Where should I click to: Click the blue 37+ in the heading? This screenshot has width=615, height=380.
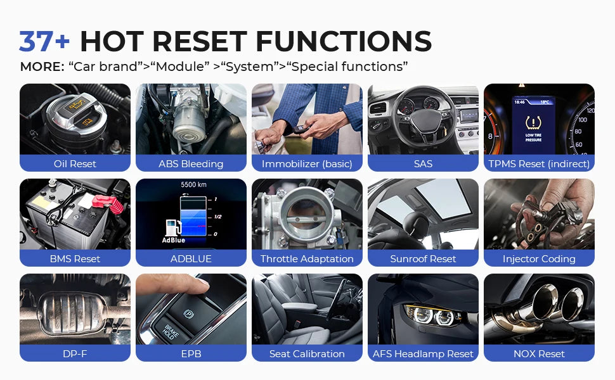click(x=44, y=42)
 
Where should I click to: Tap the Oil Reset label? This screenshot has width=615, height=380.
click(x=75, y=164)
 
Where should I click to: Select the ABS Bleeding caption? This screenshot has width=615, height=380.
click(x=191, y=164)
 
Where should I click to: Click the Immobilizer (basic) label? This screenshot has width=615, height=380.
click(x=307, y=164)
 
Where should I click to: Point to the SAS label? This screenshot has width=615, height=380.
click(x=423, y=164)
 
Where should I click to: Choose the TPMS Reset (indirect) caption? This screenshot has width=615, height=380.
click(x=539, y=164)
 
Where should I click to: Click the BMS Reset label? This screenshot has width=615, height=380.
click(x=75, y=259)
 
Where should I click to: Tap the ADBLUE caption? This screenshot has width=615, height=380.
click(x=191, y=259)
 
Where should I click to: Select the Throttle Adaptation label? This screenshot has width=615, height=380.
click(x=307, y=259)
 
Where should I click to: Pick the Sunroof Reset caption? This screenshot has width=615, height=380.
click(x=423, y=259)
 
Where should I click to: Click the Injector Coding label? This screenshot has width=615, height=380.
click(x=539, y=259)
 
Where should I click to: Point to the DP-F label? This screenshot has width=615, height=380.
click(x=75, y=354)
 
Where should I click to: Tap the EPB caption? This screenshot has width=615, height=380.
click(x=191, y=354)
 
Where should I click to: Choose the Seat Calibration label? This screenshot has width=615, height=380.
click(x=307, y=354)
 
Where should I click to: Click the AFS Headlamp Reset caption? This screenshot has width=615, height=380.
click(x=423, y=354)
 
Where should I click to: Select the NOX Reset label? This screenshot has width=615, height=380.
click(x=539, y=354)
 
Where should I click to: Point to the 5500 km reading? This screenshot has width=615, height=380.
click(x=193, y=185)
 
